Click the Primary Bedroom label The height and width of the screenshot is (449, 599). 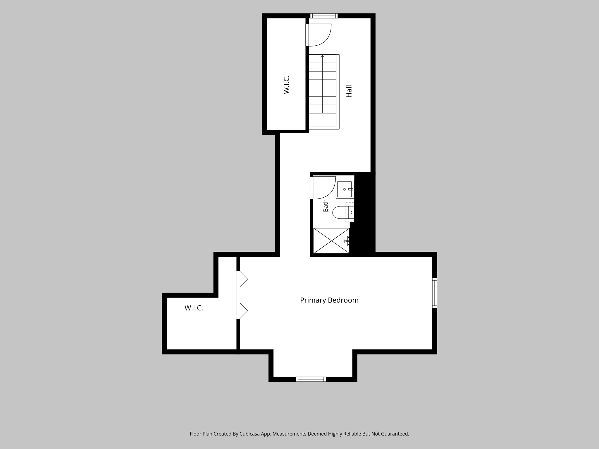tap(329, 300)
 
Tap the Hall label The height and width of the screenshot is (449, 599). tap(349, 91)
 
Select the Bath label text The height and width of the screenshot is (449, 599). tap(326, 205)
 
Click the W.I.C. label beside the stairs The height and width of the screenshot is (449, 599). tap(287, 85)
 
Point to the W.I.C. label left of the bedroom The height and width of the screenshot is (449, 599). tap(194, 308)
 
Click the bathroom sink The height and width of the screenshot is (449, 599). tap(345, 189)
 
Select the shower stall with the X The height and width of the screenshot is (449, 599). tap(331, 241)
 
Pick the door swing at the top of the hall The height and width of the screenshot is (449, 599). tap(319, 35)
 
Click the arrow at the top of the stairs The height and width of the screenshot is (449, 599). tap(323, 56)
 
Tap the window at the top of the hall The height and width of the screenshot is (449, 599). tap(324, 16)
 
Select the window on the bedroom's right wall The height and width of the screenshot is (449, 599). tap(435, 293)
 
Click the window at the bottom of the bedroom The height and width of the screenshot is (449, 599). tap(311, 379)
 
